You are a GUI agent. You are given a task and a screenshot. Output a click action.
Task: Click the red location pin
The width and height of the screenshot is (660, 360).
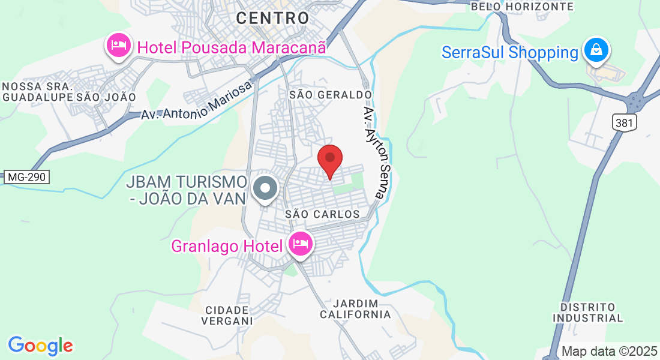pos(329,160)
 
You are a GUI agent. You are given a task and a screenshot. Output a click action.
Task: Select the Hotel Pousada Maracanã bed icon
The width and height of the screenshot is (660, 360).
pos(119,45)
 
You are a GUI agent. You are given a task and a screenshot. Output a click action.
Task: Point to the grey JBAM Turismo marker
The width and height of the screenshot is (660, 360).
pos(265,188)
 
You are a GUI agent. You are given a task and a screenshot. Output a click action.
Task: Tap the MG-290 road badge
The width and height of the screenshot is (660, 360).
pos(26,177)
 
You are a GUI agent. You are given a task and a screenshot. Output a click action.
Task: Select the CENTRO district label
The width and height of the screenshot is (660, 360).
pos(272,18)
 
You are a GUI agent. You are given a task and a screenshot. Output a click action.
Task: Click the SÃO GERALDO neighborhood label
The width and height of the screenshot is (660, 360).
pos(331,95)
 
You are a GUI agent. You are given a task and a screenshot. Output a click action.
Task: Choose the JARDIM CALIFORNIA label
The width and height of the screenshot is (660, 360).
pos(355,308)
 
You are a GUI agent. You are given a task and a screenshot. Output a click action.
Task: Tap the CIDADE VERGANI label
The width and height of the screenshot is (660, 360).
pos(227,315)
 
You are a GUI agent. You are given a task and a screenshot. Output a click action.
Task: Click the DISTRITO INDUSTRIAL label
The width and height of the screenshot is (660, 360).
pos(588,312)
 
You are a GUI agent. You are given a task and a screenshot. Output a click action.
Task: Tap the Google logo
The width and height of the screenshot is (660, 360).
pos(40,346)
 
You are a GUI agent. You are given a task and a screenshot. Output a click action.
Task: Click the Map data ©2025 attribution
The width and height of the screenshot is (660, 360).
pos(610,352)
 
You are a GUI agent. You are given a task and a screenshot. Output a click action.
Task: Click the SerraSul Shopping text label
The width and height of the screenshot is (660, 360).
pos(509,52)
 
